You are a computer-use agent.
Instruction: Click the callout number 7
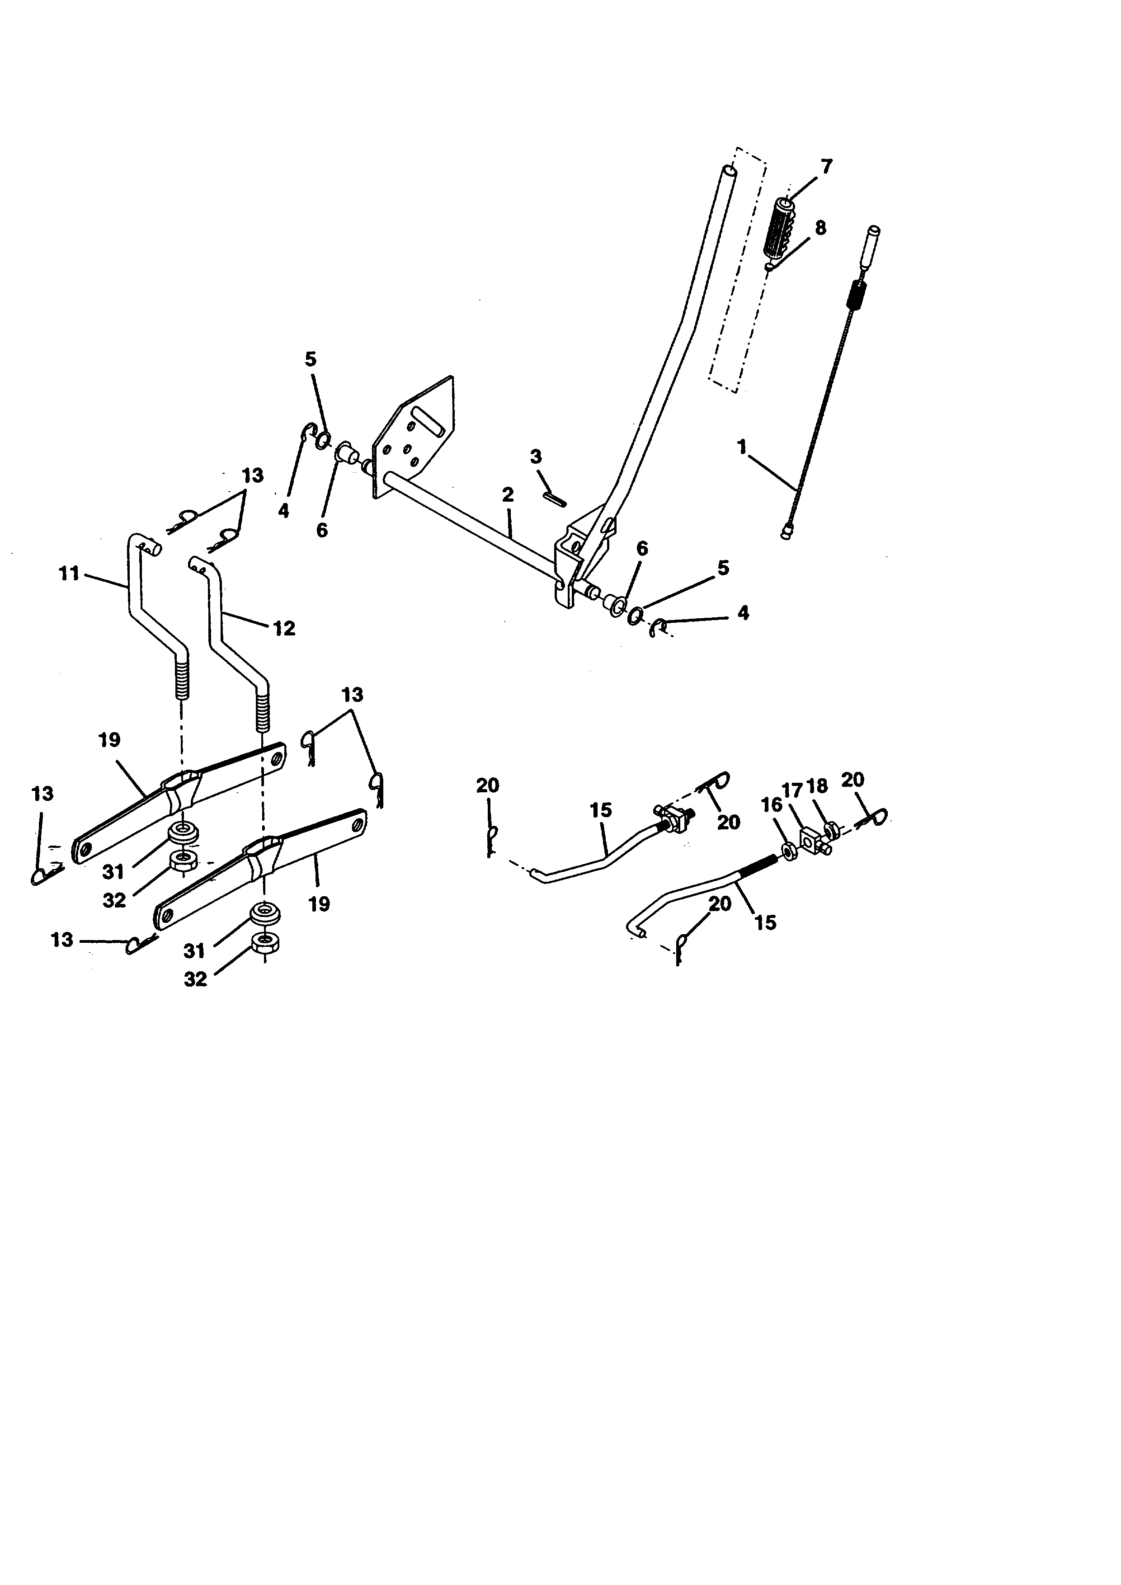pyautogui.click(x=826, y=166)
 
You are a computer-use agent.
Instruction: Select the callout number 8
pyautogui.click(x=820, y=228)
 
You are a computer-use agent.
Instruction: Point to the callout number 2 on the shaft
pyautogui.click(x=508, y=495)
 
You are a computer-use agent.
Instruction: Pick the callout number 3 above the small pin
pyautogui.click(x=536, y=456)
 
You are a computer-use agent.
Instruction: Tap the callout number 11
pyautogui.click(x=69, y=574)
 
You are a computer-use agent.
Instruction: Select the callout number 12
pyautogui.click(x=284, y=628)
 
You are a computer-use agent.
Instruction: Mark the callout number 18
pyautogui.click(x=817, y=787)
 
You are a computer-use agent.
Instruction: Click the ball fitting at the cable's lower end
pyautogui.click(x=786, y=532)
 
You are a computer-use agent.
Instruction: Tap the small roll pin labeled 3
pyautogui.click(x=556, y=498)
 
